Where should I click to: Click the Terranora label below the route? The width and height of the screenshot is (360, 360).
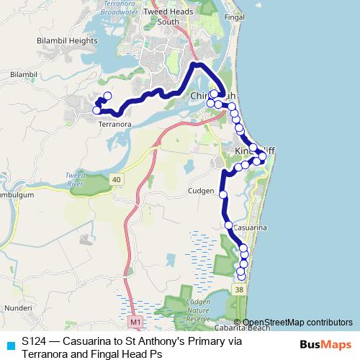[x=114, y=124]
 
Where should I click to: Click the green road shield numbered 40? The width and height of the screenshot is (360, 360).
[x=117, y=178]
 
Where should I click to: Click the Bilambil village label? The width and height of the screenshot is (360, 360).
[x=23, y=74]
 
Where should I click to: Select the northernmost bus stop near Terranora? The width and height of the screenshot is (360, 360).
[x=108, y=96]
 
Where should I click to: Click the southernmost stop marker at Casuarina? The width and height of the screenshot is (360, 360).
[x=241, y=276]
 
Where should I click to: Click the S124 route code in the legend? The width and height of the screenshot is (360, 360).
[x=35, y=341]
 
